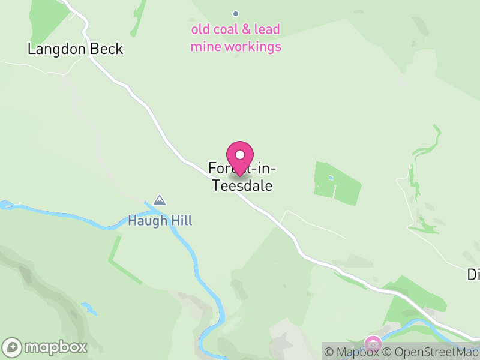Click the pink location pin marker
(x=240, y=157)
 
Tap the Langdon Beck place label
(x=75, y=49)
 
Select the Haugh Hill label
(x=160, y=221)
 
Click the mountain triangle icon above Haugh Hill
(x=160, y=200)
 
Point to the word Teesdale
(x=243, y=186)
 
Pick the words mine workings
(x=236, y=46)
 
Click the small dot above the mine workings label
(x=236, y=13)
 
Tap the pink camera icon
(x=373, y=344)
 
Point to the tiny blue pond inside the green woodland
(x=329, y=178)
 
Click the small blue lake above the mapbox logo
(x=89, y=309)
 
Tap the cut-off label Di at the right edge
(x=473, y=274)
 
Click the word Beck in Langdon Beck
(x=106, y=49)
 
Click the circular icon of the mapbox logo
(x=13, y=347)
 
